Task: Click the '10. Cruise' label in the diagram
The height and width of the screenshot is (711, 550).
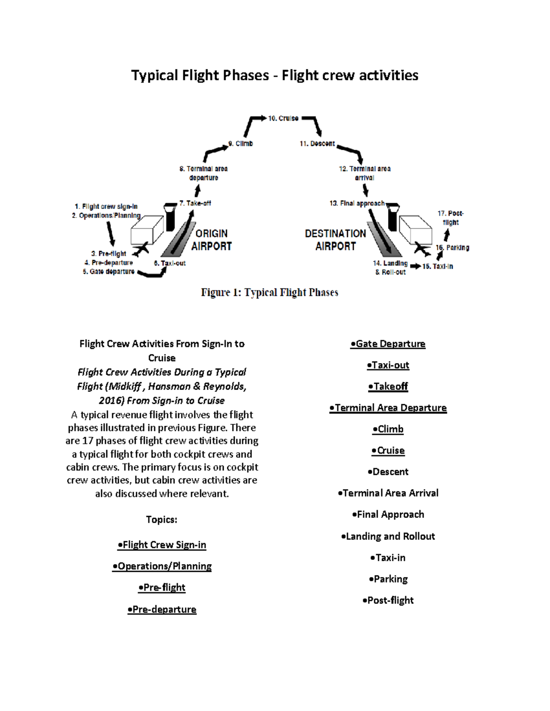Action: point(283,118)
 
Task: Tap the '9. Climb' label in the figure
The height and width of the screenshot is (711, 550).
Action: point(241,143)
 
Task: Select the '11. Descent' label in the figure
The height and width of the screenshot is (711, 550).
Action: point(317,143)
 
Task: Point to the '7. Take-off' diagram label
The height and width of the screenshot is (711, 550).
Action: point(195,203)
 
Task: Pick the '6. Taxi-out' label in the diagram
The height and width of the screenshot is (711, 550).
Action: point(170,263)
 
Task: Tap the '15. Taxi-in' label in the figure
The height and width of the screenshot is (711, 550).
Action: point(438,266)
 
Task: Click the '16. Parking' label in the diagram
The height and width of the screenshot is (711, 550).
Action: point(452,248)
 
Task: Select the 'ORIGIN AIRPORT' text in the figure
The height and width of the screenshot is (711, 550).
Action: point(211,240)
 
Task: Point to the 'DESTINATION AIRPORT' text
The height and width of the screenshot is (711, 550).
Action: point(335,240)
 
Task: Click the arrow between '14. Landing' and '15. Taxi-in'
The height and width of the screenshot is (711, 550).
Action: point(415,266)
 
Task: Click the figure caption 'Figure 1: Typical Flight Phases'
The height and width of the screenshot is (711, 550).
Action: point(269,293)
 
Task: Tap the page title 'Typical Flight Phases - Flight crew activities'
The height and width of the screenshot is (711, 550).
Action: point(275,75)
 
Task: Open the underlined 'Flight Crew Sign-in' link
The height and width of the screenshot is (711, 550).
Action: point(162,545)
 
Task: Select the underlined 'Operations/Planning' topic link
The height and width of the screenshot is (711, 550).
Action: point(162,566)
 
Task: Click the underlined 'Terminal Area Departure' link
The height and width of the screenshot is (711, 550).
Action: point(388,408)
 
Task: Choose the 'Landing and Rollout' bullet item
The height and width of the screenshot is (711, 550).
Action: point(388,536)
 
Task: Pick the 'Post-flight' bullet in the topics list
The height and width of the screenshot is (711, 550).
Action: point(388,600)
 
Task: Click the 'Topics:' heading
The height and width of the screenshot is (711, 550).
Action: point(161,520)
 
